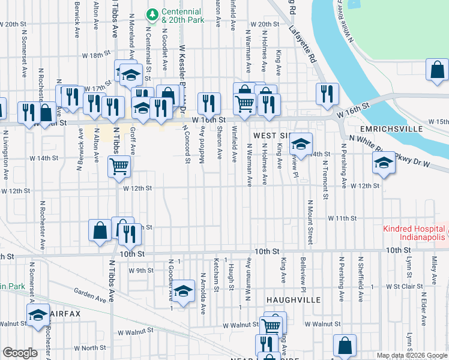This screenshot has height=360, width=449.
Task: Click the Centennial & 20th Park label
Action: [182, 16]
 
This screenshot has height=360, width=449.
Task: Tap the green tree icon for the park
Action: [153, 13]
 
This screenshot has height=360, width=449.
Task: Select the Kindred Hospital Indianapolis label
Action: [414, 234]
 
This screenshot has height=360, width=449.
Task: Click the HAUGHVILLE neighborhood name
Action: [294, 299]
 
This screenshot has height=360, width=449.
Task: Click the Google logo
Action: [20, 353]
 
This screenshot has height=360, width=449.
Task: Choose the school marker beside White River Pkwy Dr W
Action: [384, 163]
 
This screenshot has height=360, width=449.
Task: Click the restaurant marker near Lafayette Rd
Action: [328, 94]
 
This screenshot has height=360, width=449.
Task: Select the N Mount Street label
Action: [310, 223]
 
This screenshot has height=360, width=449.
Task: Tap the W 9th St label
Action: [142, 271]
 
